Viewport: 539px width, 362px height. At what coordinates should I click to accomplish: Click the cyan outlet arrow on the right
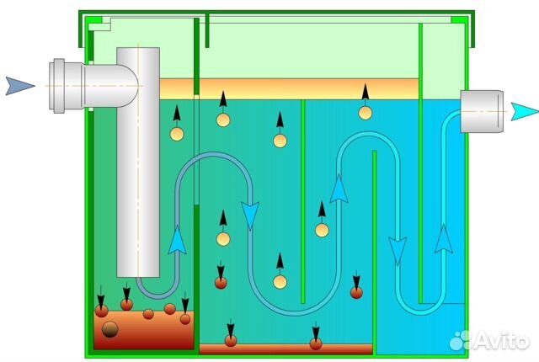(x=523, y=111)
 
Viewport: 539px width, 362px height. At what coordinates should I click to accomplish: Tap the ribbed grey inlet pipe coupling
(x=64, y=86)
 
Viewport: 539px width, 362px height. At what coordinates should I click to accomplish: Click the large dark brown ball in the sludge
(x=109, y=330)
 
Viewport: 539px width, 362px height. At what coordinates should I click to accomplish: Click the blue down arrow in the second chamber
(x=249, y=216)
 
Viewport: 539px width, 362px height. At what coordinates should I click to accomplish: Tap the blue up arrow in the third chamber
(x=339, y=188)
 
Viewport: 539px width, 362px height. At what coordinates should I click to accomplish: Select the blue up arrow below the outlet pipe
(x=444, y=238)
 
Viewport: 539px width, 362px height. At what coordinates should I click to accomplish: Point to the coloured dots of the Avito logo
(x=459, y=339)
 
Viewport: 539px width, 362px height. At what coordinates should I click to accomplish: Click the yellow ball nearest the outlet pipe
(x=365, y=113)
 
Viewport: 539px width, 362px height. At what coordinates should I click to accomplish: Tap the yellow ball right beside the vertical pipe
(x=177, y=133)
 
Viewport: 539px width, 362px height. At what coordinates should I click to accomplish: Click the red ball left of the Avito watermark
(x=356, y=292)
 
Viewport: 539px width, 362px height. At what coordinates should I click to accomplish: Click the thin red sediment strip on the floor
(x=286, y=349)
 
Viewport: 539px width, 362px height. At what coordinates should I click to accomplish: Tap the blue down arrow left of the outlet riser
(x=394, y=249)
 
